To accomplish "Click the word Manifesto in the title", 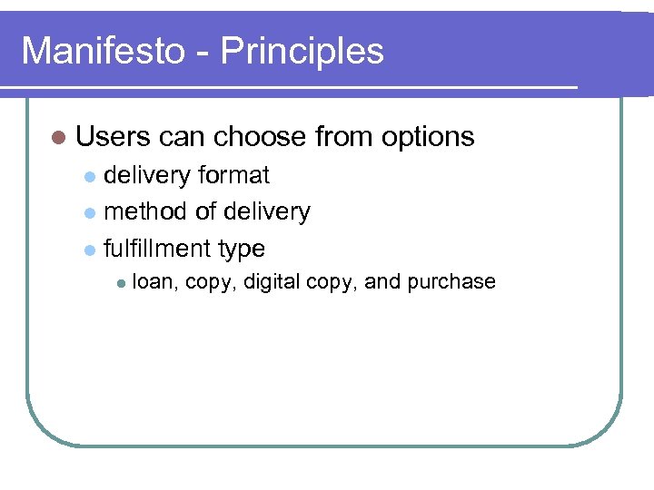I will click(x=102, y=51).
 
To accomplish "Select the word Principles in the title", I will click(x=302, y=52).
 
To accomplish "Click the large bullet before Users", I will click(x=59, y=138).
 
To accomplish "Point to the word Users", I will click(x=114, y=137).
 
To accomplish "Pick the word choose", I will click(x=260, y=137).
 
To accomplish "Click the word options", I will click(x=428, y=138).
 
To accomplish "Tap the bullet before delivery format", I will click(x=89, y=176).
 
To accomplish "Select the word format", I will click(x=233, y=174).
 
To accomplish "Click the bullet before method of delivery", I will click(x=89, y=213).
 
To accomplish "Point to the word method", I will click(x=147, y=211).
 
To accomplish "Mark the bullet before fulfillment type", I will click(x=89, y=250).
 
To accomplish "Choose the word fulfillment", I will click(x=158, y=249).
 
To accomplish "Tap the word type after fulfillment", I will click(x=242, y=250).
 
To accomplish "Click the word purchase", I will click(x=451, y=282).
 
